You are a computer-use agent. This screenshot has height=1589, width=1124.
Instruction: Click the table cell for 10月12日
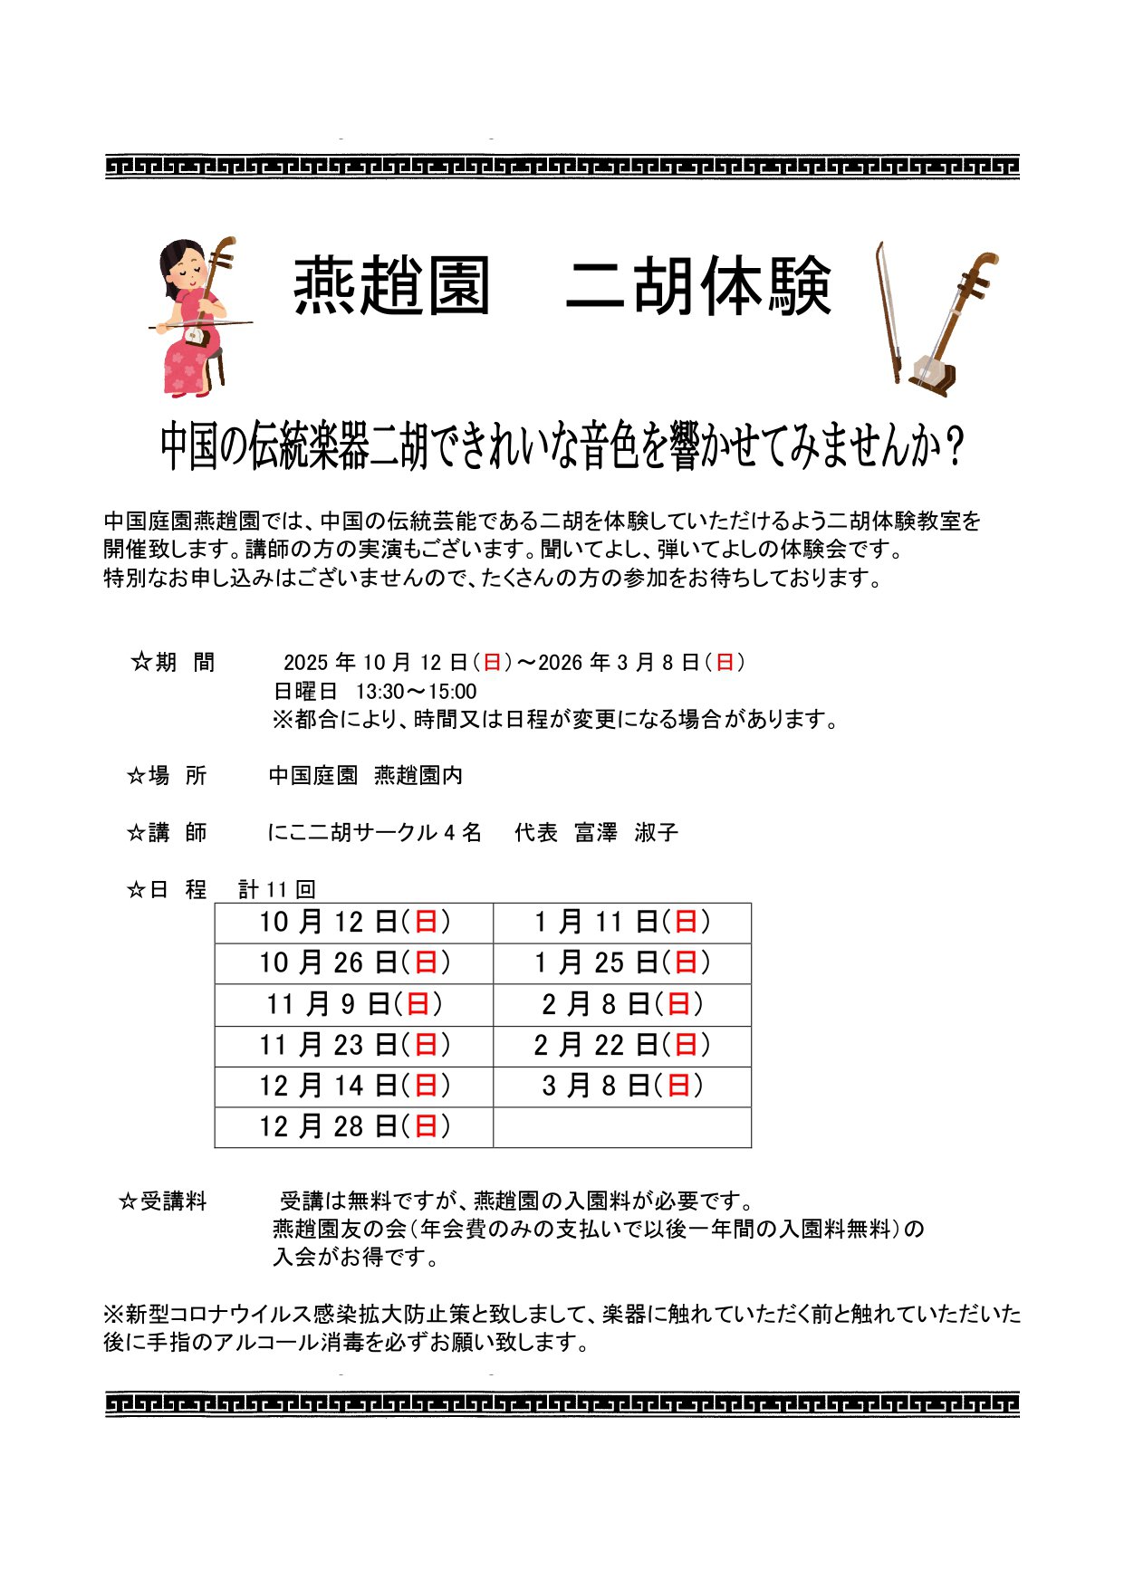click(x=354, y=923)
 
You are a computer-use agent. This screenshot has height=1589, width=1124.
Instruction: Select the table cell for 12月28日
click(x=354, y=1127)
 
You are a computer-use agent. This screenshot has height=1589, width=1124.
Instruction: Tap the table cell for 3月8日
click(x=622, y=1086)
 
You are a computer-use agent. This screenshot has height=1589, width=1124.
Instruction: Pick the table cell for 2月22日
click(x=622, y=1046)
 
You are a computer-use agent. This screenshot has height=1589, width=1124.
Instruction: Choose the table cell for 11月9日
click(x=354, y=1004)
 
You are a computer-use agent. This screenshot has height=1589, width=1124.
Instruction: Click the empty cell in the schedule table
click(x=622, y=1127)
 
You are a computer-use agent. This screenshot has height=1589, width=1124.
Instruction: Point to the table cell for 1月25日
click(x=622, y=963)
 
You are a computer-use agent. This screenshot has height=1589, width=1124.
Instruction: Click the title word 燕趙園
click(x=391, y=286)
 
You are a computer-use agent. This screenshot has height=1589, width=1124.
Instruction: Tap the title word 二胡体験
click(x=697, y=286)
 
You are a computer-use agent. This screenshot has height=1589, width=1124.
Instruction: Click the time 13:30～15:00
click(x=416, y=693)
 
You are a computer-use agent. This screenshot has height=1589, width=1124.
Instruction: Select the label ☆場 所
click(x=167, y=776)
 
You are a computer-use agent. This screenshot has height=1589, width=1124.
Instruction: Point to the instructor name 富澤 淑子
click(x=626, y=833)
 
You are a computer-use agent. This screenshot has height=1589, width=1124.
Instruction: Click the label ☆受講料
click(x=163, y=1202)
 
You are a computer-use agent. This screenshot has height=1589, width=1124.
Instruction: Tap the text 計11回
click(x=276, y=890)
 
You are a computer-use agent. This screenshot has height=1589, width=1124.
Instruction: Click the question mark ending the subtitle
click(x=952, y=447)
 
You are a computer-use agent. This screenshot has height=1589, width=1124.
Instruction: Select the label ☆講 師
click(x=167, y=833)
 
